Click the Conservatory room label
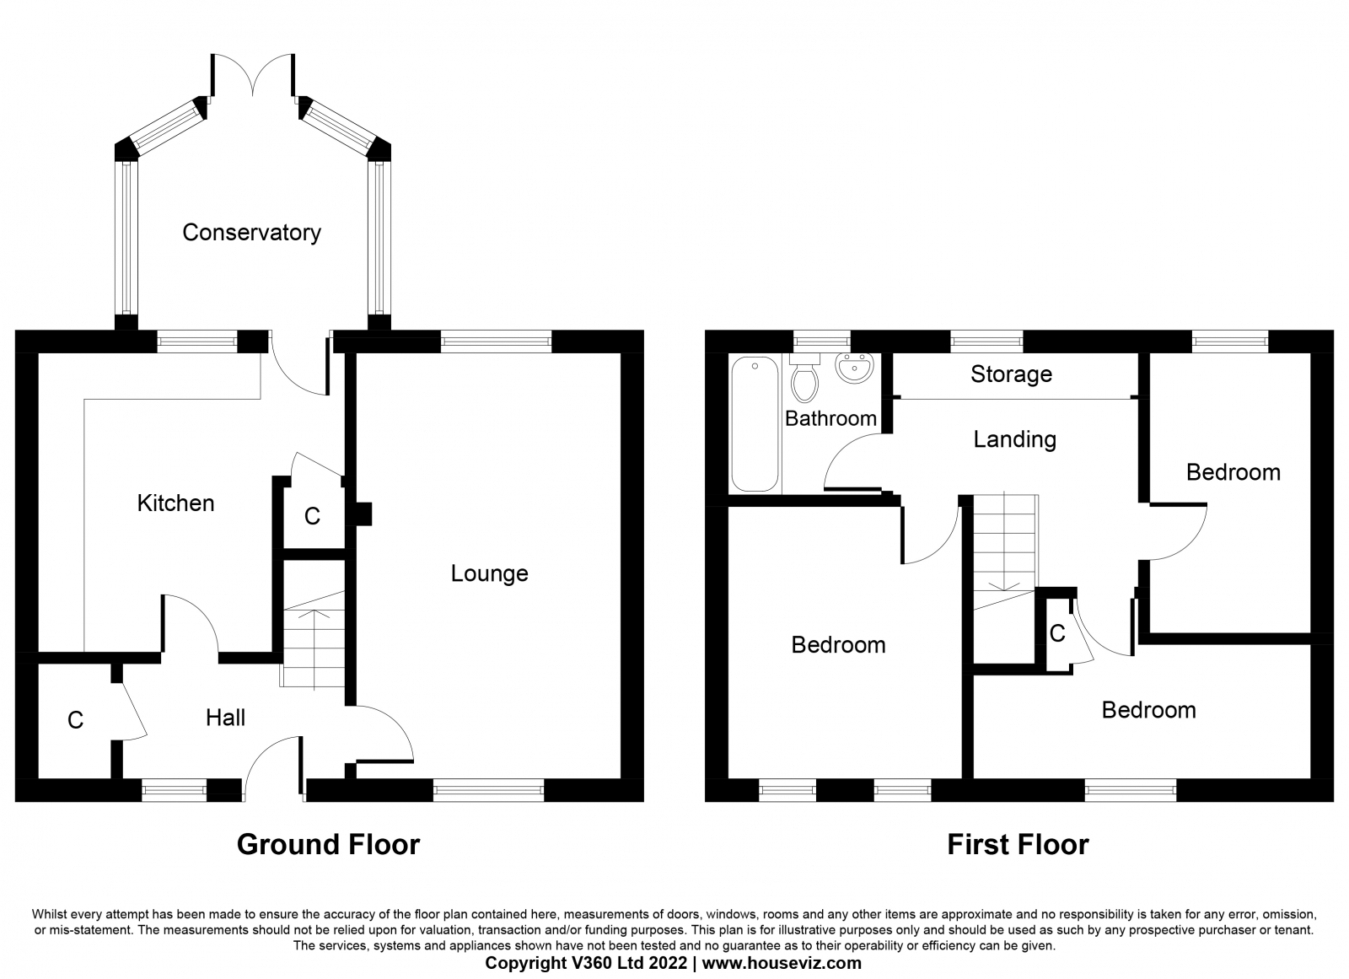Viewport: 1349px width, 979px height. point(252,233)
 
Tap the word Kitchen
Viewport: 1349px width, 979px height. point(176,503)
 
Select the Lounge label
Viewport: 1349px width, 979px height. point(490,573)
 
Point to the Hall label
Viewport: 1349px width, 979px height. point(226,718)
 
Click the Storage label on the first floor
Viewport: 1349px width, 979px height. point(1012,374)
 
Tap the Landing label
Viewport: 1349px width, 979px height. point(1015,440)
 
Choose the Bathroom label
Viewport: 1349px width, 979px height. point(831,418)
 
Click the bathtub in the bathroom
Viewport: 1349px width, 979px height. point(755,424)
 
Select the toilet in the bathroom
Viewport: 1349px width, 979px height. point(804,377)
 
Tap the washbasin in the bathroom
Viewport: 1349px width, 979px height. point(855,367)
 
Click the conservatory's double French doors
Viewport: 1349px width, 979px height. point(253,75)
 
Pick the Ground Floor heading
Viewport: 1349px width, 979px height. point(328,845)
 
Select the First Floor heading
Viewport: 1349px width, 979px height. point(1018,845)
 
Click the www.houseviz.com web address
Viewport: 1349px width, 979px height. point(782,963)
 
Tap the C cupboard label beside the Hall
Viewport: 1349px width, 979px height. point(75,720)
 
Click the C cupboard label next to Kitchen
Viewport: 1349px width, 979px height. point(312,516)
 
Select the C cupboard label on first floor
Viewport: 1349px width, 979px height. point(1057,633)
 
